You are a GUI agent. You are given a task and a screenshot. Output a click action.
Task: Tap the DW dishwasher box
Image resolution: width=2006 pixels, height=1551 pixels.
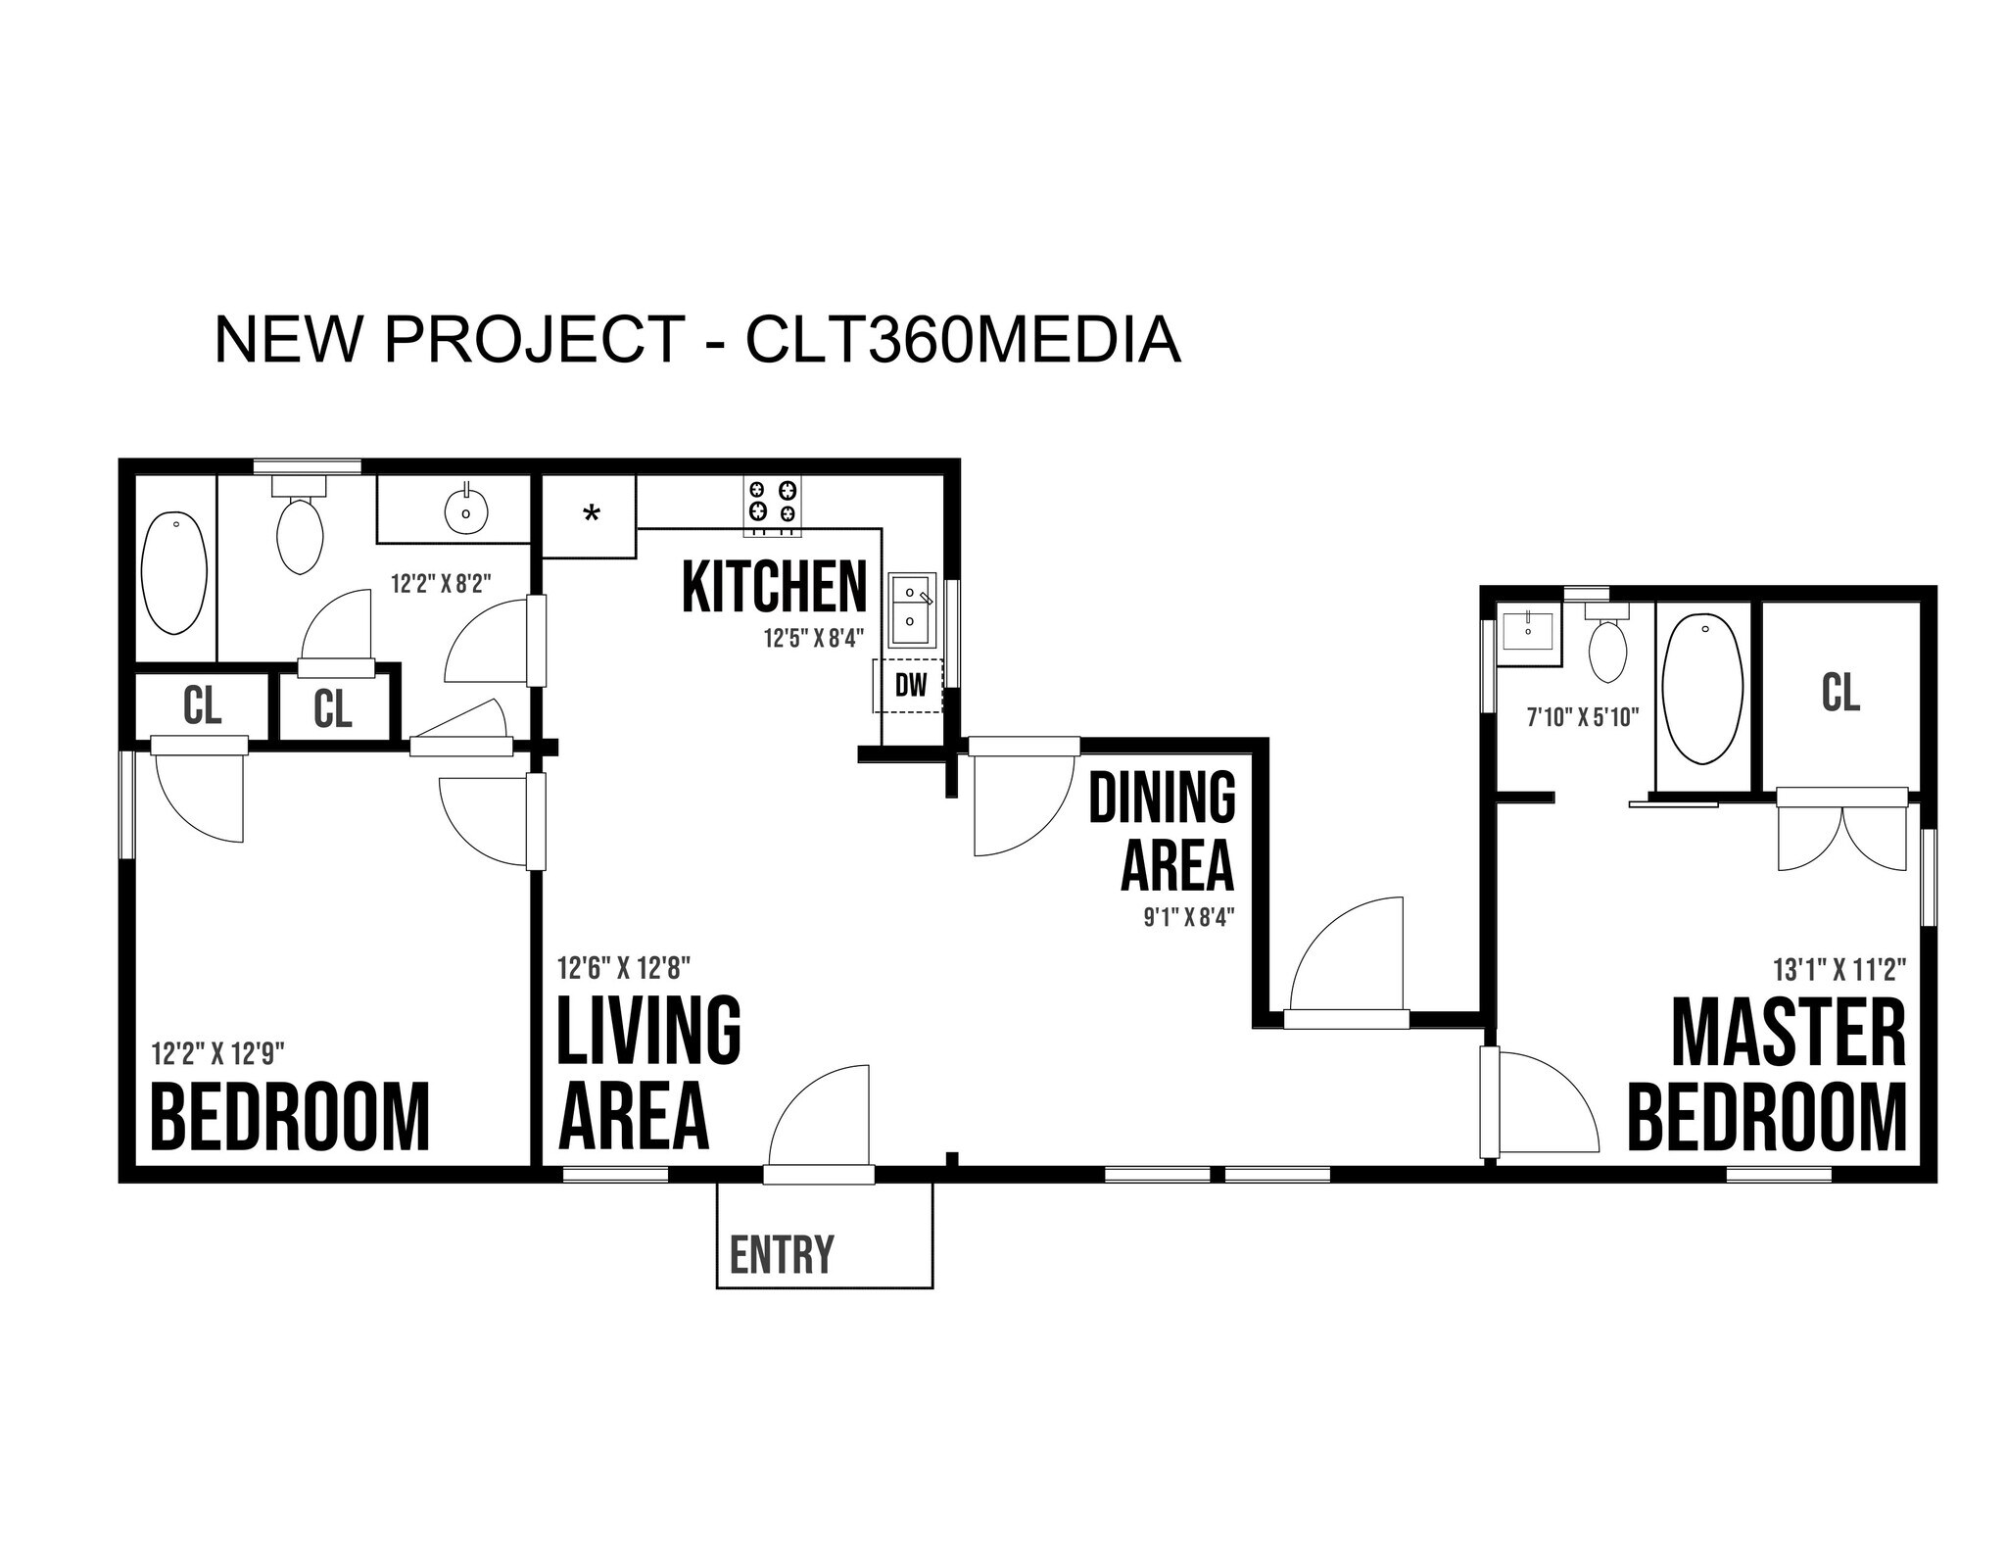point(910,685)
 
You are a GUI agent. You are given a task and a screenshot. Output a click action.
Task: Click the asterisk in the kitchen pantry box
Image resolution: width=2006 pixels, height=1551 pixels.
point(591,514)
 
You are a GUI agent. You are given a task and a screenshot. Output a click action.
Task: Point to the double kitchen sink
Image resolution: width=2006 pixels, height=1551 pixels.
point(912,608)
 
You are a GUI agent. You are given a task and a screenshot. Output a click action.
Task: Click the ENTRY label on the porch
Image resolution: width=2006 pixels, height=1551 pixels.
point(782,1255)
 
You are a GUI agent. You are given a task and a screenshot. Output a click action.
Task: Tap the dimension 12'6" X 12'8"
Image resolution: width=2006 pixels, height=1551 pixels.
point(624,968)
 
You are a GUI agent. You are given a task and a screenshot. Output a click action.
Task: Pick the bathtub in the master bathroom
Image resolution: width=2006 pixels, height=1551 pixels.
point(1704,690)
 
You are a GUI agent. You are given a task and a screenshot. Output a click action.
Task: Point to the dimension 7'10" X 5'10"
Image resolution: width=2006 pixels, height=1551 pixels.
point(1583,717)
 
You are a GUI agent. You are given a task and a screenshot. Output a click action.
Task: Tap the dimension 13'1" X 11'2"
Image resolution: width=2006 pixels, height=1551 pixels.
point(1839,970)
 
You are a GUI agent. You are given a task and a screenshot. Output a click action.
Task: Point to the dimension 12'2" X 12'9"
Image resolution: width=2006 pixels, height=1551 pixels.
point(217,1053)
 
